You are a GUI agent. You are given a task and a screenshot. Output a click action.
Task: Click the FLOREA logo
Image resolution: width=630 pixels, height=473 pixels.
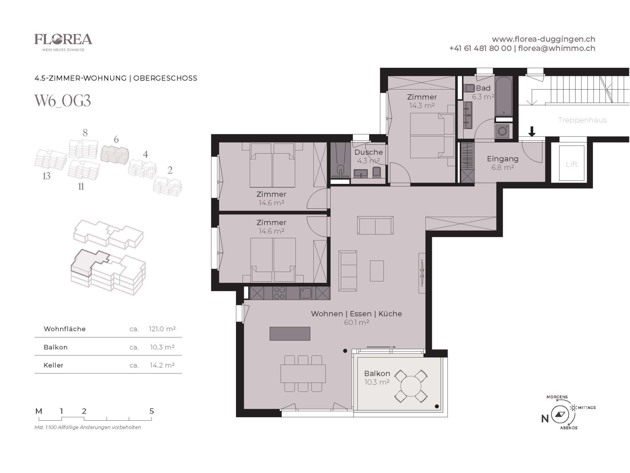[63, 42]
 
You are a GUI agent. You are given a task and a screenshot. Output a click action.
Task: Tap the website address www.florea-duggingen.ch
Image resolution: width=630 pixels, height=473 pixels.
[543, 39]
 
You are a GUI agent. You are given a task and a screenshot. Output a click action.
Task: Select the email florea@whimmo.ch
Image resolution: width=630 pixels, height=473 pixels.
[557, 48]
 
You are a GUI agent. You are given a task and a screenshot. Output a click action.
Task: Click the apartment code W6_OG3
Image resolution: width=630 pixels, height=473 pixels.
[63, 101]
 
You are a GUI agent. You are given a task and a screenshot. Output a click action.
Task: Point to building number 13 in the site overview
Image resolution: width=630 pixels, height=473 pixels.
[46, 176]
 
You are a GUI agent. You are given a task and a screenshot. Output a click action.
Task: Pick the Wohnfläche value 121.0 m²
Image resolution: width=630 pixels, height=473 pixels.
[162, 329]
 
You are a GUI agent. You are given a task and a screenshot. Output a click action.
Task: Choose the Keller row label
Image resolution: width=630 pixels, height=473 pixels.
[54, 365]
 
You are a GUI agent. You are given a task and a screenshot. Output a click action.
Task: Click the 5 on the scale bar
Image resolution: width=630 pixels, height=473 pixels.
[152, 411]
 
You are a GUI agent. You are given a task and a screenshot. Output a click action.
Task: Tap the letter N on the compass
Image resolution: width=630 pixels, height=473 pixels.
[545, 419]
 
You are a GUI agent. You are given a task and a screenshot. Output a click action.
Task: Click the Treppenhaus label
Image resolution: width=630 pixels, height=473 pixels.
[582, 120]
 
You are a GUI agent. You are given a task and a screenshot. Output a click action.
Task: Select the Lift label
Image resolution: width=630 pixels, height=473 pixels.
[571, 164]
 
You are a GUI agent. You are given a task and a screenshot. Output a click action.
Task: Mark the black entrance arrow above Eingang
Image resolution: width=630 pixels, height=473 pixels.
[532, 131]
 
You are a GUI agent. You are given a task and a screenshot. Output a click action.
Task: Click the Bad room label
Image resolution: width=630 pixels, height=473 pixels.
[483, 88]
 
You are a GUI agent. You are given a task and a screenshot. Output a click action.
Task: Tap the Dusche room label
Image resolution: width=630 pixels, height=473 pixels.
[369, 152]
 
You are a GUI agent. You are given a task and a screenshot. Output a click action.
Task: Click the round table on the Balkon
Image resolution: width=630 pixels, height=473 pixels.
[411, 386]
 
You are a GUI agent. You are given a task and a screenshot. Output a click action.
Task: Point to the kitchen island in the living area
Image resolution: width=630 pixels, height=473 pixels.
[290, 334]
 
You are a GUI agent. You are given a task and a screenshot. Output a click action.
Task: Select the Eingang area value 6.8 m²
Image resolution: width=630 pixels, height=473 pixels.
[503, 167]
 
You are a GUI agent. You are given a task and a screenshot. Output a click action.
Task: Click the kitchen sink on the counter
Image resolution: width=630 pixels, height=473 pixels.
[305, 293]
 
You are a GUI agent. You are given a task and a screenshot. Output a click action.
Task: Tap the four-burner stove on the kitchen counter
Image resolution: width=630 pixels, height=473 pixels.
[279, 293]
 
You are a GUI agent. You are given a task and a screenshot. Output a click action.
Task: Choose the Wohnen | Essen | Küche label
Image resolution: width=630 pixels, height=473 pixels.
[356, 314]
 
